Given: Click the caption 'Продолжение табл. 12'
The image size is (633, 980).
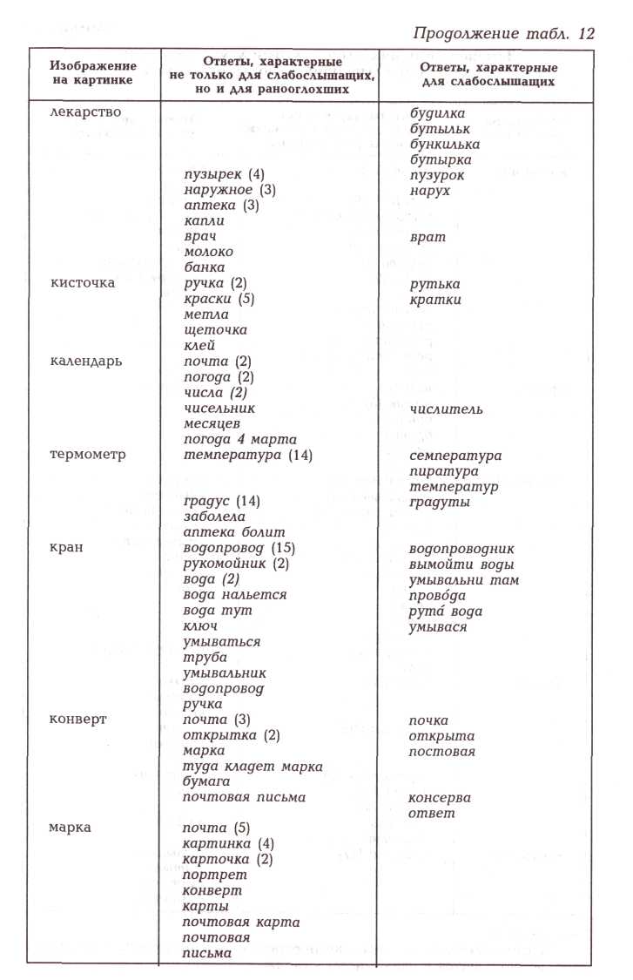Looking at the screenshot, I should click(x=504, y=35).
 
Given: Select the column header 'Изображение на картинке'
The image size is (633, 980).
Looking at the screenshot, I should click(x=93, y=72).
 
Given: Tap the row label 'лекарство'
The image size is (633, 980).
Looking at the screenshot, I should click(x=85, y=112).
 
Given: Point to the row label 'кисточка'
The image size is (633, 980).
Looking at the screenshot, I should click(x=83, y=283).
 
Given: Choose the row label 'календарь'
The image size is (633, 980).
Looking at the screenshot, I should click(x=86, y=362).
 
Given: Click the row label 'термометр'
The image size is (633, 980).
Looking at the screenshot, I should click(x=88, y=455).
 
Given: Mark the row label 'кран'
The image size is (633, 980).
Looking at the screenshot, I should click(x=66, y=549).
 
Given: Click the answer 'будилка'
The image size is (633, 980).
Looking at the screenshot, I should click(x=437, y=113).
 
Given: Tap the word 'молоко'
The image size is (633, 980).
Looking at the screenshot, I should click(x=209, y=252).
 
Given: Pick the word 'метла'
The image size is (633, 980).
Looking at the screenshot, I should click(x=206, y=314).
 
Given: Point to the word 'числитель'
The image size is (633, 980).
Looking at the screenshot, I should click(x=447, y=409).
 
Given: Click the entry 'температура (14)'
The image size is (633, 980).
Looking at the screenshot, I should click(x=248, y=455).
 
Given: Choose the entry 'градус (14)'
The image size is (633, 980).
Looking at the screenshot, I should click(x=222, y=501).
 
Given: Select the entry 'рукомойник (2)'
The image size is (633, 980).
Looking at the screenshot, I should click(x=236, y=564).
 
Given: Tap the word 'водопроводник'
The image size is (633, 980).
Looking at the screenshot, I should click(x=461, y=549).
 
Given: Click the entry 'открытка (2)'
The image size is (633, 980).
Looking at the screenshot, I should click(x=232, y=735).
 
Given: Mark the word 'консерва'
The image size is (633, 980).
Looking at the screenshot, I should click(x=440, y=797).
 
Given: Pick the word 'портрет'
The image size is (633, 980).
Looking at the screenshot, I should click(x=215, y=875).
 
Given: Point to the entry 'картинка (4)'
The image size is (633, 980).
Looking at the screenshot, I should click(x=228, y=843).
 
